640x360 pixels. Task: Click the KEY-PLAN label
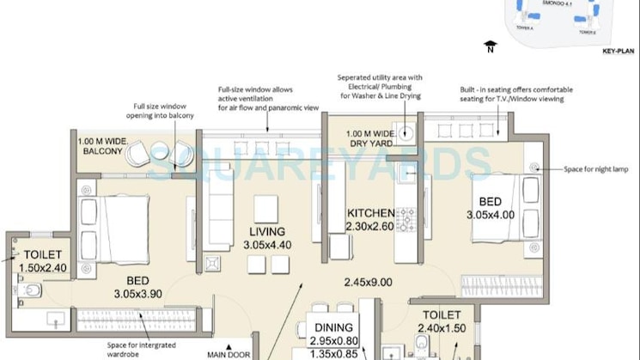click(617, 52)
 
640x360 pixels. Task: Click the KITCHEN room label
click(370, 213)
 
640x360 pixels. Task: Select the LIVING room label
click(267, 231)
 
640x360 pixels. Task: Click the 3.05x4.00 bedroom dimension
click(491, 215)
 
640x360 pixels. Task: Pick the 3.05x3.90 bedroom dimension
click(149, 294)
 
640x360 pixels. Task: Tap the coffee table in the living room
click(266, 209)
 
